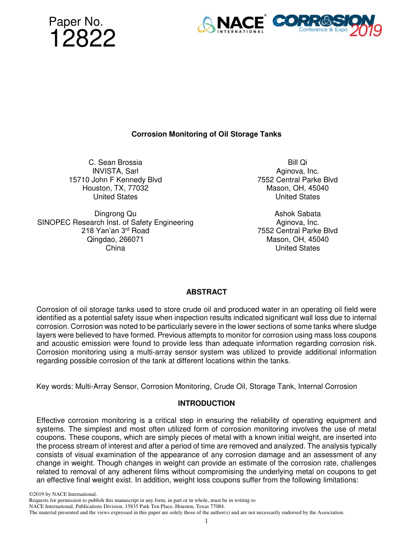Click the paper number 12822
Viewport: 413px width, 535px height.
[x=83, y=39]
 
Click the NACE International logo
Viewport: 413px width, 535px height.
[x=231, y=25]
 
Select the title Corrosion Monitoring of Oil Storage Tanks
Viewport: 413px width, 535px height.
[x=206, y=134]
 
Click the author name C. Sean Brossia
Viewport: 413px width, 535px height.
[x=115, y=162]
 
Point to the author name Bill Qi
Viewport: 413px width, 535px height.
[x=297, y=162]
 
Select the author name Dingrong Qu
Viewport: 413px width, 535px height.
[x=115, y=214]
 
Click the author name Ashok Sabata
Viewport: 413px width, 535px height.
[x=297, y=214]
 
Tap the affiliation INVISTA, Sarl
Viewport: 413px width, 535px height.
[x=115, y=171]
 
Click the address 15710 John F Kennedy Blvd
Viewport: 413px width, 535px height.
[x=115, y=180]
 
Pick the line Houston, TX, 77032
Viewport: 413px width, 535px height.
[x=115, y=188]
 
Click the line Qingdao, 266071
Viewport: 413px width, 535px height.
[x=115, y=239]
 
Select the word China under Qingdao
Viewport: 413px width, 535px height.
[x=115, y=248]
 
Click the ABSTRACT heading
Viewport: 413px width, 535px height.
[x=206, y=292]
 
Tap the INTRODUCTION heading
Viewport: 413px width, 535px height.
[x=206, y=403]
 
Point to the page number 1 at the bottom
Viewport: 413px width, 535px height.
[x=206, y=521]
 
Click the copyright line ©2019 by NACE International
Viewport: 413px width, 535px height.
[x=63, y=494]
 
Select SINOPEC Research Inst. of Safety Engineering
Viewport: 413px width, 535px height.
[x=115, y=222]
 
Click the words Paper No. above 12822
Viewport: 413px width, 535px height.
[x=76, y=22]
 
